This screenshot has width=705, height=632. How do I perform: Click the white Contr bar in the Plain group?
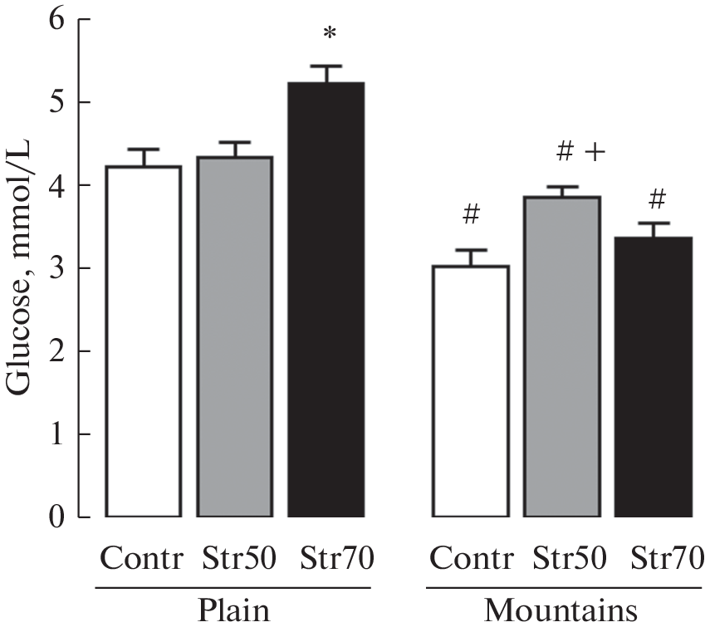click(x=144, y=341)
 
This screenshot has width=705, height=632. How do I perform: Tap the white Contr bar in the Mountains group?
click(x=471, y=391)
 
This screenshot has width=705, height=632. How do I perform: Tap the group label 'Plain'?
click(x=233, y=611)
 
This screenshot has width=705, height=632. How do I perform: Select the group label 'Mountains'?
click(x=561, y=611)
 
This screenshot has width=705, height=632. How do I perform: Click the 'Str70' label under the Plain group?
click(x=336, y=559)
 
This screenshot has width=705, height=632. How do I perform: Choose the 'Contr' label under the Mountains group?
click(x=469, y=559)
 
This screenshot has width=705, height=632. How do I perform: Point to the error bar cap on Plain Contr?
click(x=144, y=149)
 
